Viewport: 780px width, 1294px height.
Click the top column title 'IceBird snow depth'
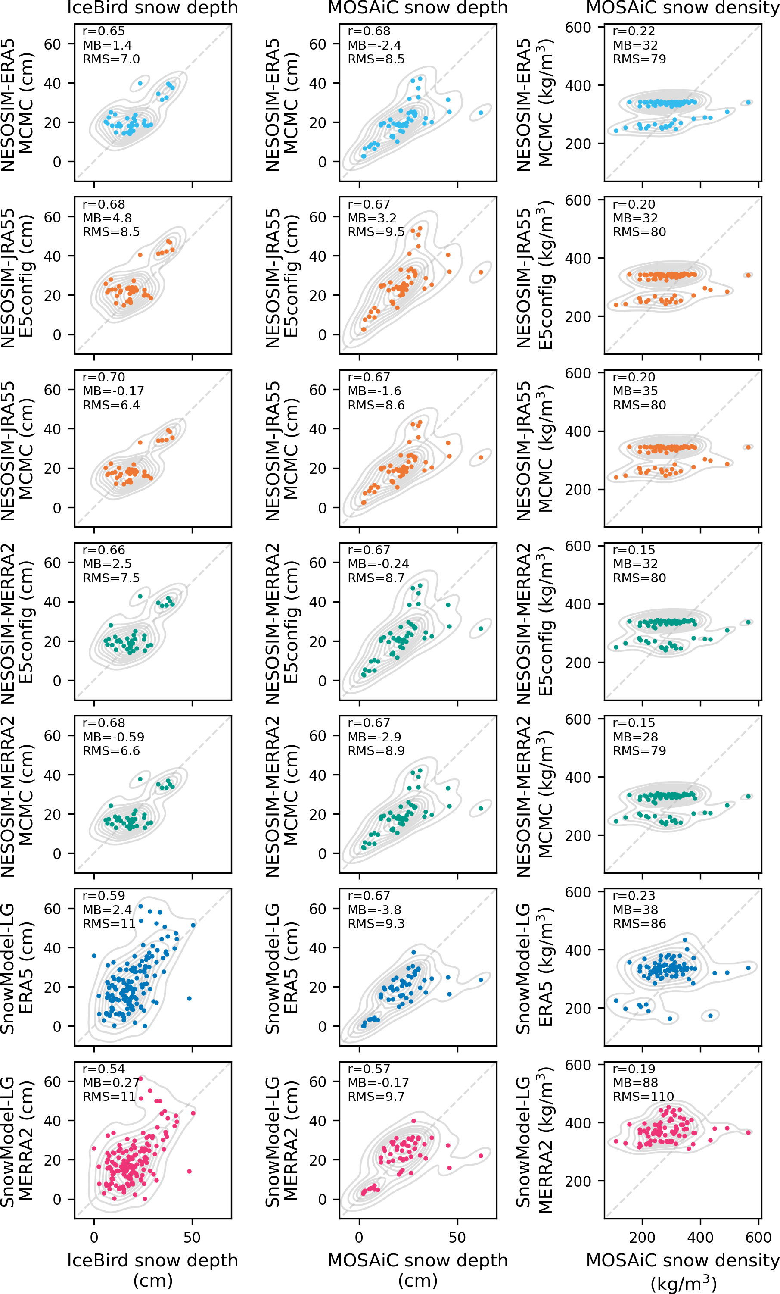point(152,8)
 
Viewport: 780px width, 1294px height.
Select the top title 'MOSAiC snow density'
point(682,8)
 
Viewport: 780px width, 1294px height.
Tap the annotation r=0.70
point(104,377)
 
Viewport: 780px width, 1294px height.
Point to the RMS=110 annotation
point(643,1097)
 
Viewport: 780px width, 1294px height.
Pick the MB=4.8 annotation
point(107,218)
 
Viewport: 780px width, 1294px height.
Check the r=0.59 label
point(104,896)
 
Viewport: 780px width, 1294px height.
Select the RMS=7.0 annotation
point(111,59)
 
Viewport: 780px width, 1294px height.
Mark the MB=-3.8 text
point(374,910)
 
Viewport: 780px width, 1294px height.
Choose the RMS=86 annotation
point(639,924)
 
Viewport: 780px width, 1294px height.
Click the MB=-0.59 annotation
point(113,737)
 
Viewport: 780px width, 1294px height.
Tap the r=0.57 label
point(369,1069)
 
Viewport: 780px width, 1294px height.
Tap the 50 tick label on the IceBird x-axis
point(192,1237)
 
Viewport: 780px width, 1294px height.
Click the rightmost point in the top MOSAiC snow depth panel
point(481,113)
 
